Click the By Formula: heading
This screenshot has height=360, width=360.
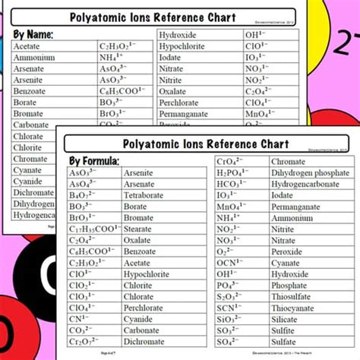point(95,160)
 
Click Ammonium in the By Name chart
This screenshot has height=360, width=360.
point(34,57)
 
